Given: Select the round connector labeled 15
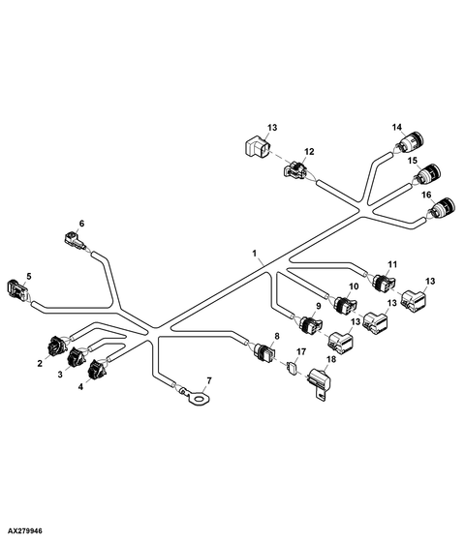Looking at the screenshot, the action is coord(428,174).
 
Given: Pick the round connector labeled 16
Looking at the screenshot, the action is coord(443,208).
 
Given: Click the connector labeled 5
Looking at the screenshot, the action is coord(16,289).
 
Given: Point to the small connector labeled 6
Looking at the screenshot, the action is coord(75,240).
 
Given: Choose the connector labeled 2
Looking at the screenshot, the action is coord(56,346).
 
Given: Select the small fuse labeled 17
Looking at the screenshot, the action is coord(293,369).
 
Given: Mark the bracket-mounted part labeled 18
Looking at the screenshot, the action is coord(320,385).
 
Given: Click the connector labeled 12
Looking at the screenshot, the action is coord(294,170).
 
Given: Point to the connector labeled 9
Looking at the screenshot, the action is coord(310,325).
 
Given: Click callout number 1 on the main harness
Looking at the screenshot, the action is coord(254,254).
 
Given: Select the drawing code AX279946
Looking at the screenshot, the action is coord(24,530).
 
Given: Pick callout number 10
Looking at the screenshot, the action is coord(354,286).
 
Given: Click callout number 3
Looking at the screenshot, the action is coord(60,375).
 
